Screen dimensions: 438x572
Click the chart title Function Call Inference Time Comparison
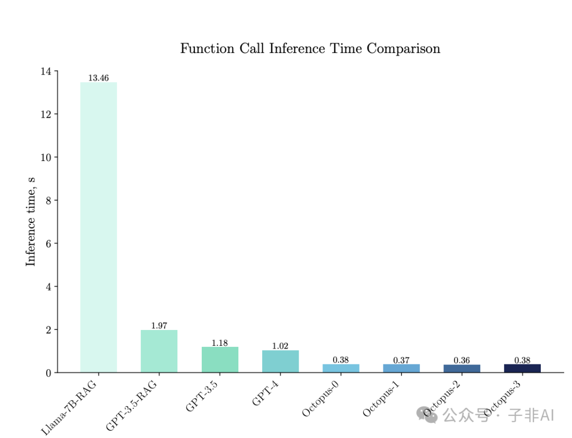point(310,49)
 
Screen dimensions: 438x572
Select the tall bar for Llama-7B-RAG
point(99,228)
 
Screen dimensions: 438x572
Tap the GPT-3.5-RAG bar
point(159,351)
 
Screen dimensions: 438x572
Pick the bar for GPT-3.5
point(220,360)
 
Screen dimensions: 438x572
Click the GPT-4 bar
point(280,361)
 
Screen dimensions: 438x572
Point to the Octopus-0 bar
point(341,368)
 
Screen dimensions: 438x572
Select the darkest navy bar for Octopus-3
point(522,368)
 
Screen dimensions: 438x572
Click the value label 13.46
point(99,78)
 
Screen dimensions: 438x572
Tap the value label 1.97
point(159,326)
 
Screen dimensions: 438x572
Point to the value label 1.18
point(220,343)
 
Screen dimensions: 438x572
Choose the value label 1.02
point(280,346)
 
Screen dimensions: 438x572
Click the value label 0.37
point(401,360)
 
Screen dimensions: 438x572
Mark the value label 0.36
point(462,360)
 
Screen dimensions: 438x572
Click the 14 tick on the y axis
point(46,71)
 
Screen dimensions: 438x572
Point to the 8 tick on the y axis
point(49,200)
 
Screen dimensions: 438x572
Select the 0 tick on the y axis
point(49,373)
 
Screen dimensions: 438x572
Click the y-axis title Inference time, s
point(31,221)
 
